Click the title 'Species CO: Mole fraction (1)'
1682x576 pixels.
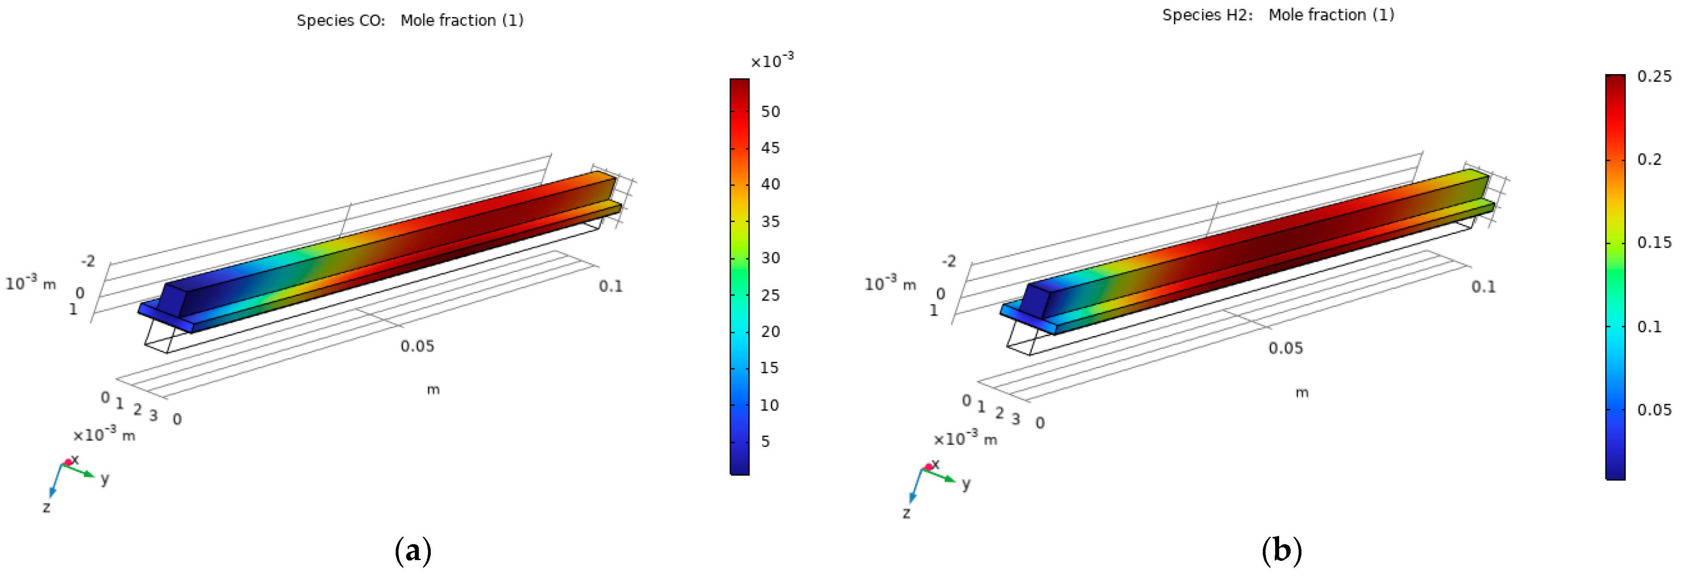pos(410,20)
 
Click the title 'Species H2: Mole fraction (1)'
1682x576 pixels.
pos(1278,15)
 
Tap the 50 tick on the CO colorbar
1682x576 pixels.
pos(771,112)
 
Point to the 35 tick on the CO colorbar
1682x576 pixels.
pos(771,221)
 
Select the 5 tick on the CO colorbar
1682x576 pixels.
pos(766,441)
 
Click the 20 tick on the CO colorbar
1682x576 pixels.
pos(771,332)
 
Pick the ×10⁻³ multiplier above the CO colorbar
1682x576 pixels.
pos(772,61)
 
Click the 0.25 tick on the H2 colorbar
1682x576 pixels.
pos(1654,76)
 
